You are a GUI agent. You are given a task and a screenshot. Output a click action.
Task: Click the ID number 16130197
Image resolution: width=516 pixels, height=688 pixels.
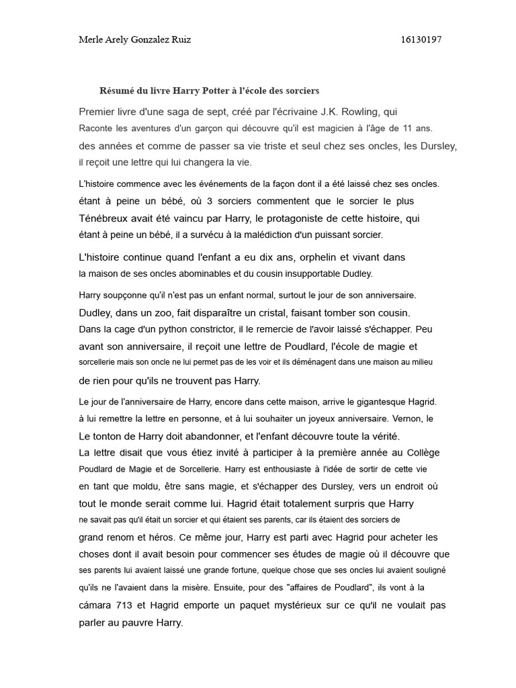(x=421, y=40)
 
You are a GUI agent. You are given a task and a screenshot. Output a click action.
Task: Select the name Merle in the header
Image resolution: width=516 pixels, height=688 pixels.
(x=91, y=40)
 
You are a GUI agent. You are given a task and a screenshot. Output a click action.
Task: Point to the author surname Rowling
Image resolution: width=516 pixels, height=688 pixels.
(x=367, y=112)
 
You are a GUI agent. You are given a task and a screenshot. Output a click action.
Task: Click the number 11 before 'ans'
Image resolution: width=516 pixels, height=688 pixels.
(x=407, y=128)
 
